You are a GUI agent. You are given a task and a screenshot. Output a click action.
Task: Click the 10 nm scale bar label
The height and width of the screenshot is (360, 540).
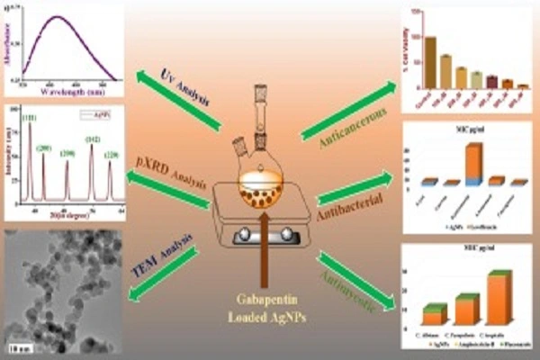(16, 346)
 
